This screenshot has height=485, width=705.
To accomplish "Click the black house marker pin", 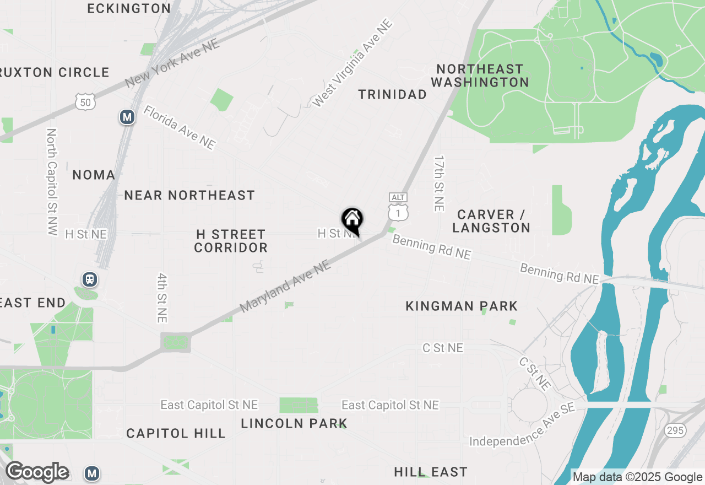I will point(352,220).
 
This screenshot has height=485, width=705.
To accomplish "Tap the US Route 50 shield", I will point(85,101).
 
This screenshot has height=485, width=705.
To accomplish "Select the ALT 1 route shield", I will point(398,207).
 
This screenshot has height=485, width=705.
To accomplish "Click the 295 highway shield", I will point(675,430).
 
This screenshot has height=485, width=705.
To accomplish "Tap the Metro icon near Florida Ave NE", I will point(127,117).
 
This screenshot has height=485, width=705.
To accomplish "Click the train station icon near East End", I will point(90,279).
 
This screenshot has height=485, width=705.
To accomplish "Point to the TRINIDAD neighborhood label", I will point(392,95).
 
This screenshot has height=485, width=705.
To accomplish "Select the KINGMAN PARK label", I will point(462,306).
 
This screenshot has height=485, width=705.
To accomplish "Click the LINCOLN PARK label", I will point(294,423).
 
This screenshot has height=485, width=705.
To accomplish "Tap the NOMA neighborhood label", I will point(94,175).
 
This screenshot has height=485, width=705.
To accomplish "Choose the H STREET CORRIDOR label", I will point(231,241).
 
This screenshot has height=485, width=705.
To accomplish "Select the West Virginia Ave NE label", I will point(352,63).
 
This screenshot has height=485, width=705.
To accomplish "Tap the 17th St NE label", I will point(439,183).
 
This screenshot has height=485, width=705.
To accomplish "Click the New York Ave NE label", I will point(172,63).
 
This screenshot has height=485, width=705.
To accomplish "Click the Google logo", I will point(37,472).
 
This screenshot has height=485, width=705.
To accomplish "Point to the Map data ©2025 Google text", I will point(637,477).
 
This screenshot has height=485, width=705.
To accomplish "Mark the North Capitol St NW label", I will point(52,182).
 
